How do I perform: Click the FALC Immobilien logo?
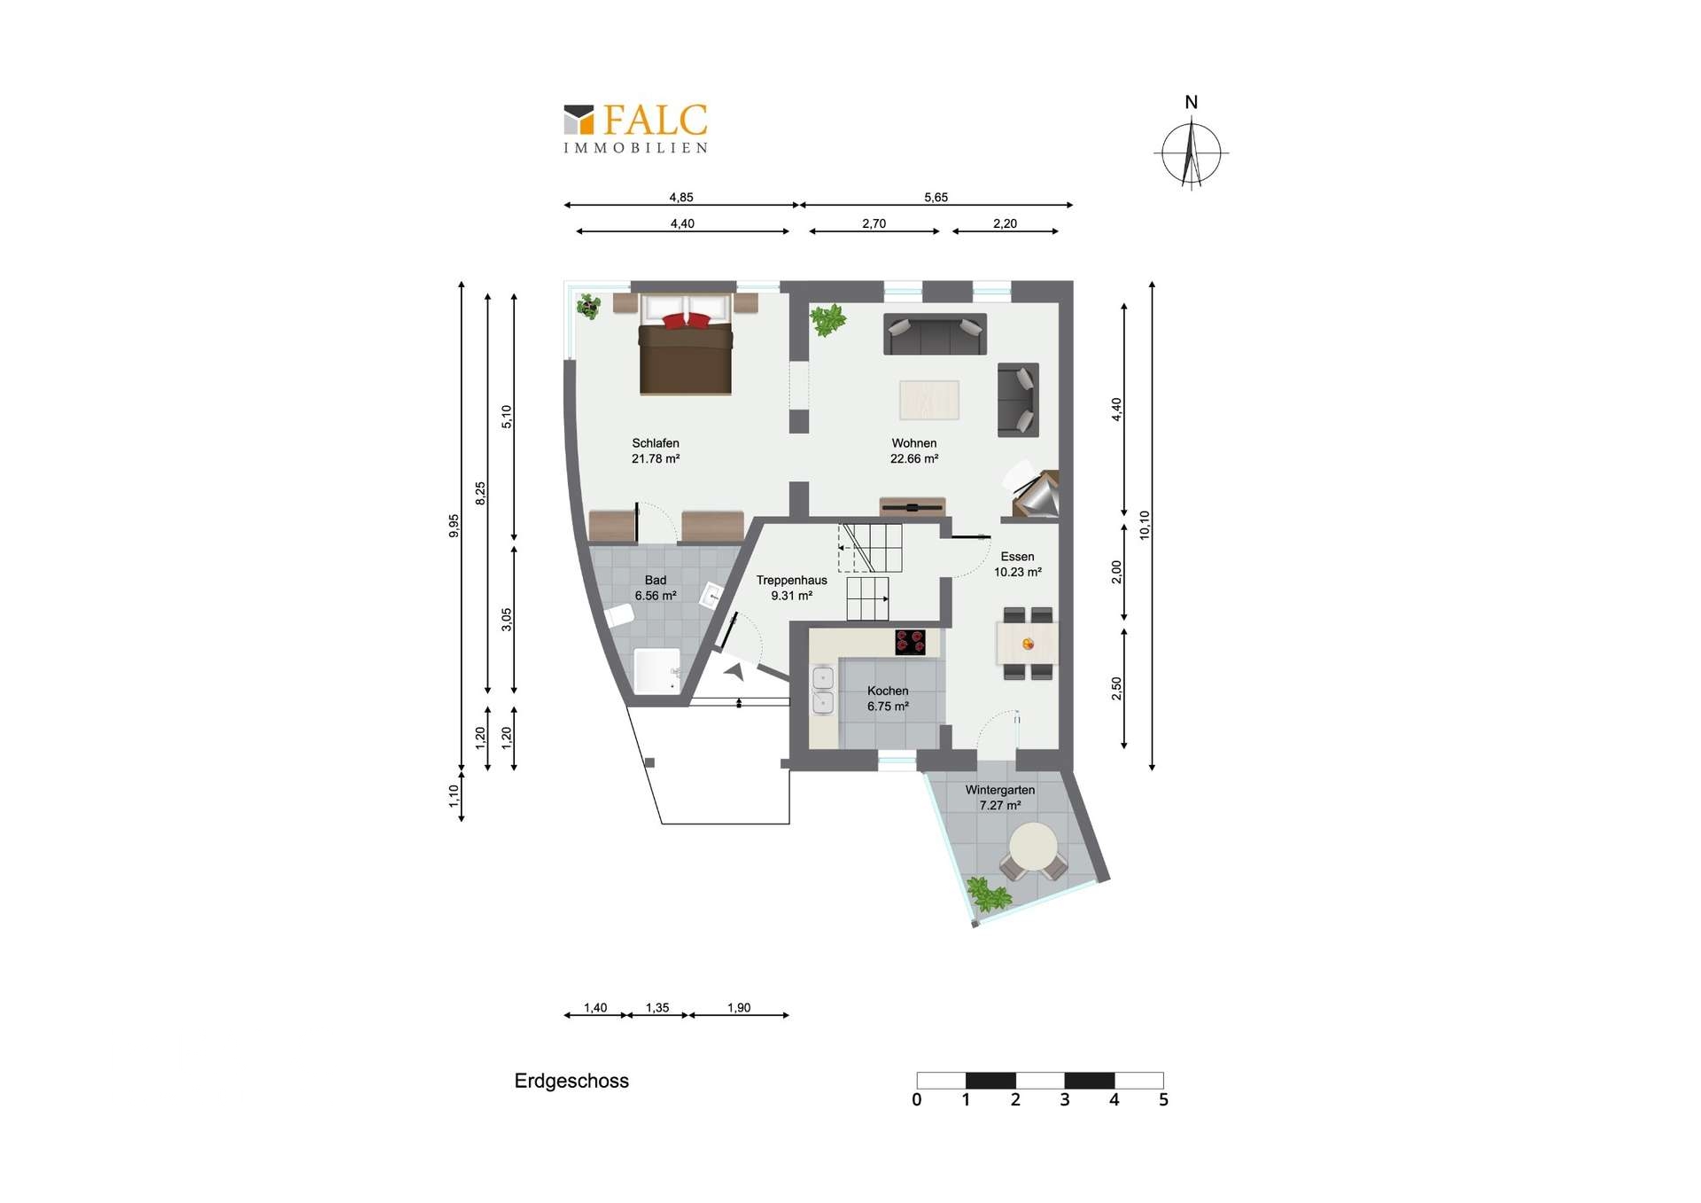tap(636, 129)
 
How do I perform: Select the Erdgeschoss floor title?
tap(571, 1081)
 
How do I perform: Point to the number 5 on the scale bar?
tap(1163, 1100)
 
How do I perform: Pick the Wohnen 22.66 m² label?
tap(914, 450)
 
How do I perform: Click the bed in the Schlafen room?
tap(686, 345)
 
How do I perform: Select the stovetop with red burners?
tap(910, 642)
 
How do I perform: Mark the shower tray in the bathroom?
tap(657, 671)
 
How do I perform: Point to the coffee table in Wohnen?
tap(929, 400)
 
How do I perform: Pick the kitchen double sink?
tap(823, 691)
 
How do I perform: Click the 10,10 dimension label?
tap(1145, 525)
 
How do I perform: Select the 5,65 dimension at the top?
tap(936, 198)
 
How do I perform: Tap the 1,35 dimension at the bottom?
tap(657, 1008)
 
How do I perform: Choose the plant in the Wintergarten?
tap(987, 894)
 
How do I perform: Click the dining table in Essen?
tap(1028, 644)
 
